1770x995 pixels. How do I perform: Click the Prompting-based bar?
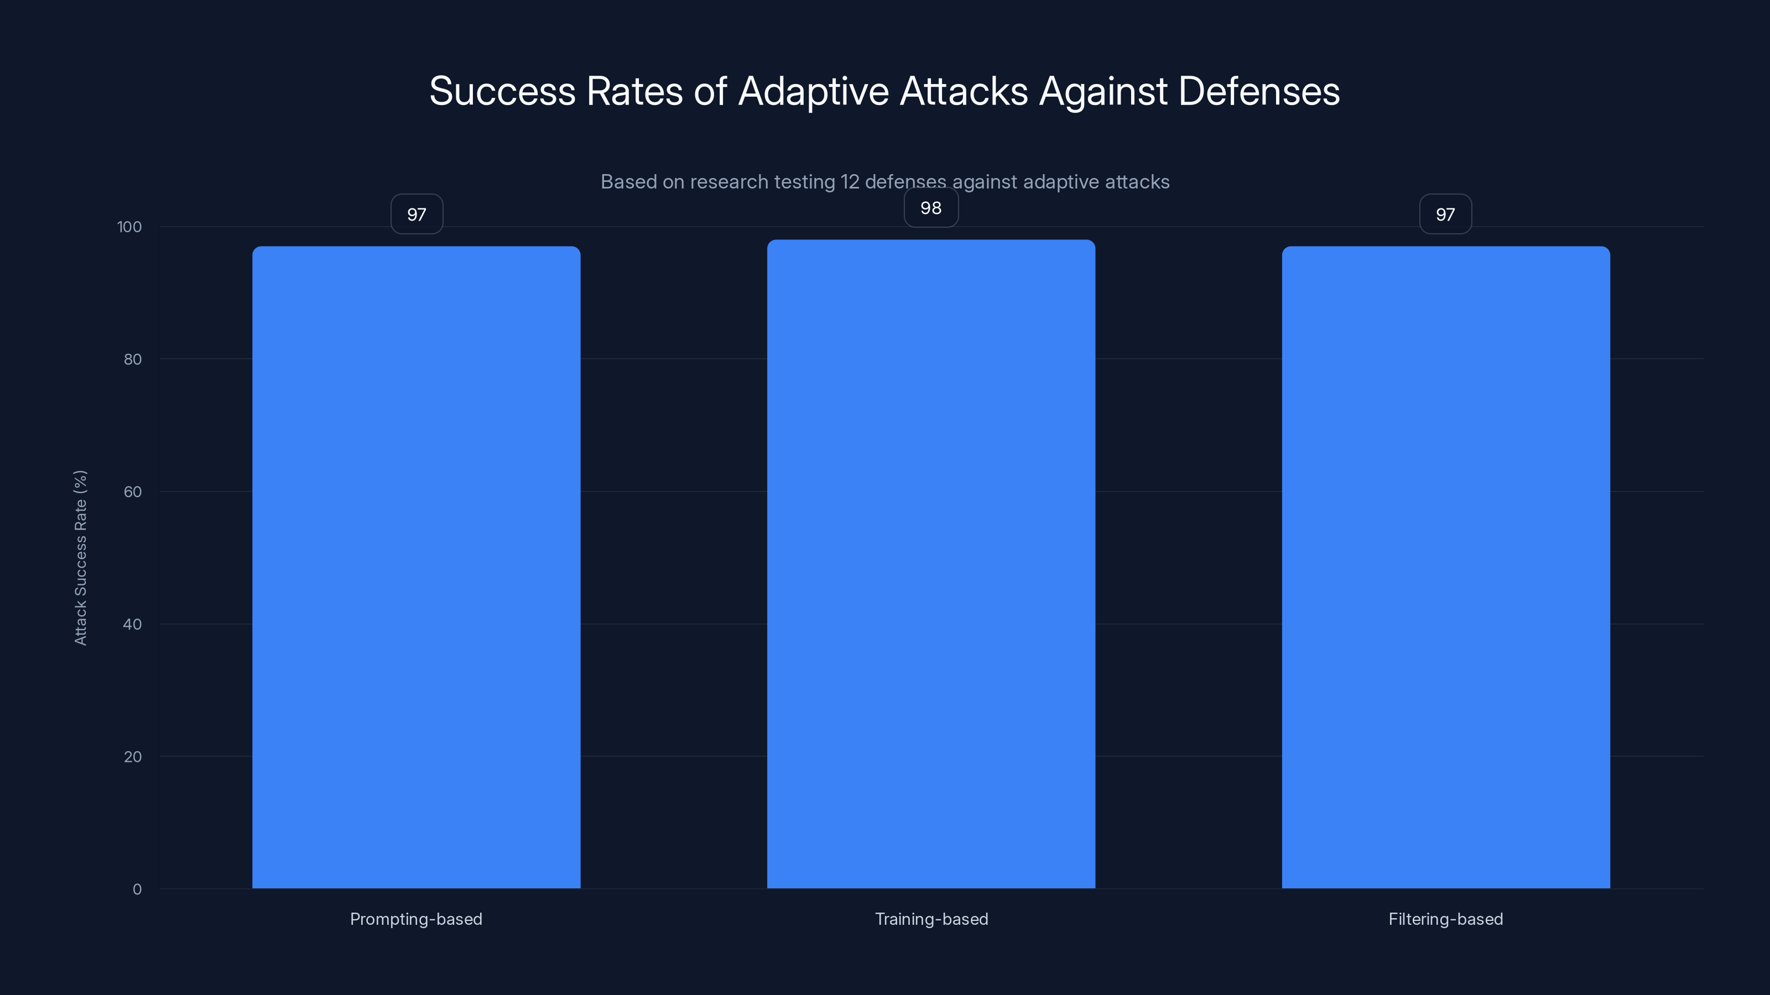coord(416,567)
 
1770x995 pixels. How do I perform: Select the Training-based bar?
coord(930,563)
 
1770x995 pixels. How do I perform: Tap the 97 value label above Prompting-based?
coord(417,214)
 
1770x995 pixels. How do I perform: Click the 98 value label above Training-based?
coord(930,207)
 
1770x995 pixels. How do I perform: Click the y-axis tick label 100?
coord(129,227)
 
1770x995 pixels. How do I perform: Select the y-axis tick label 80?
coord(133,359)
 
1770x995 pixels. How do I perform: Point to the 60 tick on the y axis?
coord(133,491)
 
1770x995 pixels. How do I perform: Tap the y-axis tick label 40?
coord(133,624)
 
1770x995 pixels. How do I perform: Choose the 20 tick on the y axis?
coord(133,757)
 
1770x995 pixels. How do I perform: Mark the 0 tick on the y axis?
coord(137,889)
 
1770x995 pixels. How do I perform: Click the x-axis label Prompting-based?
coord(416,919)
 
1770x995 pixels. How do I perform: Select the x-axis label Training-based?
coord(931,919)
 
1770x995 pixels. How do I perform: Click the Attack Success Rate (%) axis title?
coord(80,558)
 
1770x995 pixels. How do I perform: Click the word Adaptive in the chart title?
coord(814,91)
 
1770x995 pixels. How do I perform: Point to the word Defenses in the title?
coord(1258,91)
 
